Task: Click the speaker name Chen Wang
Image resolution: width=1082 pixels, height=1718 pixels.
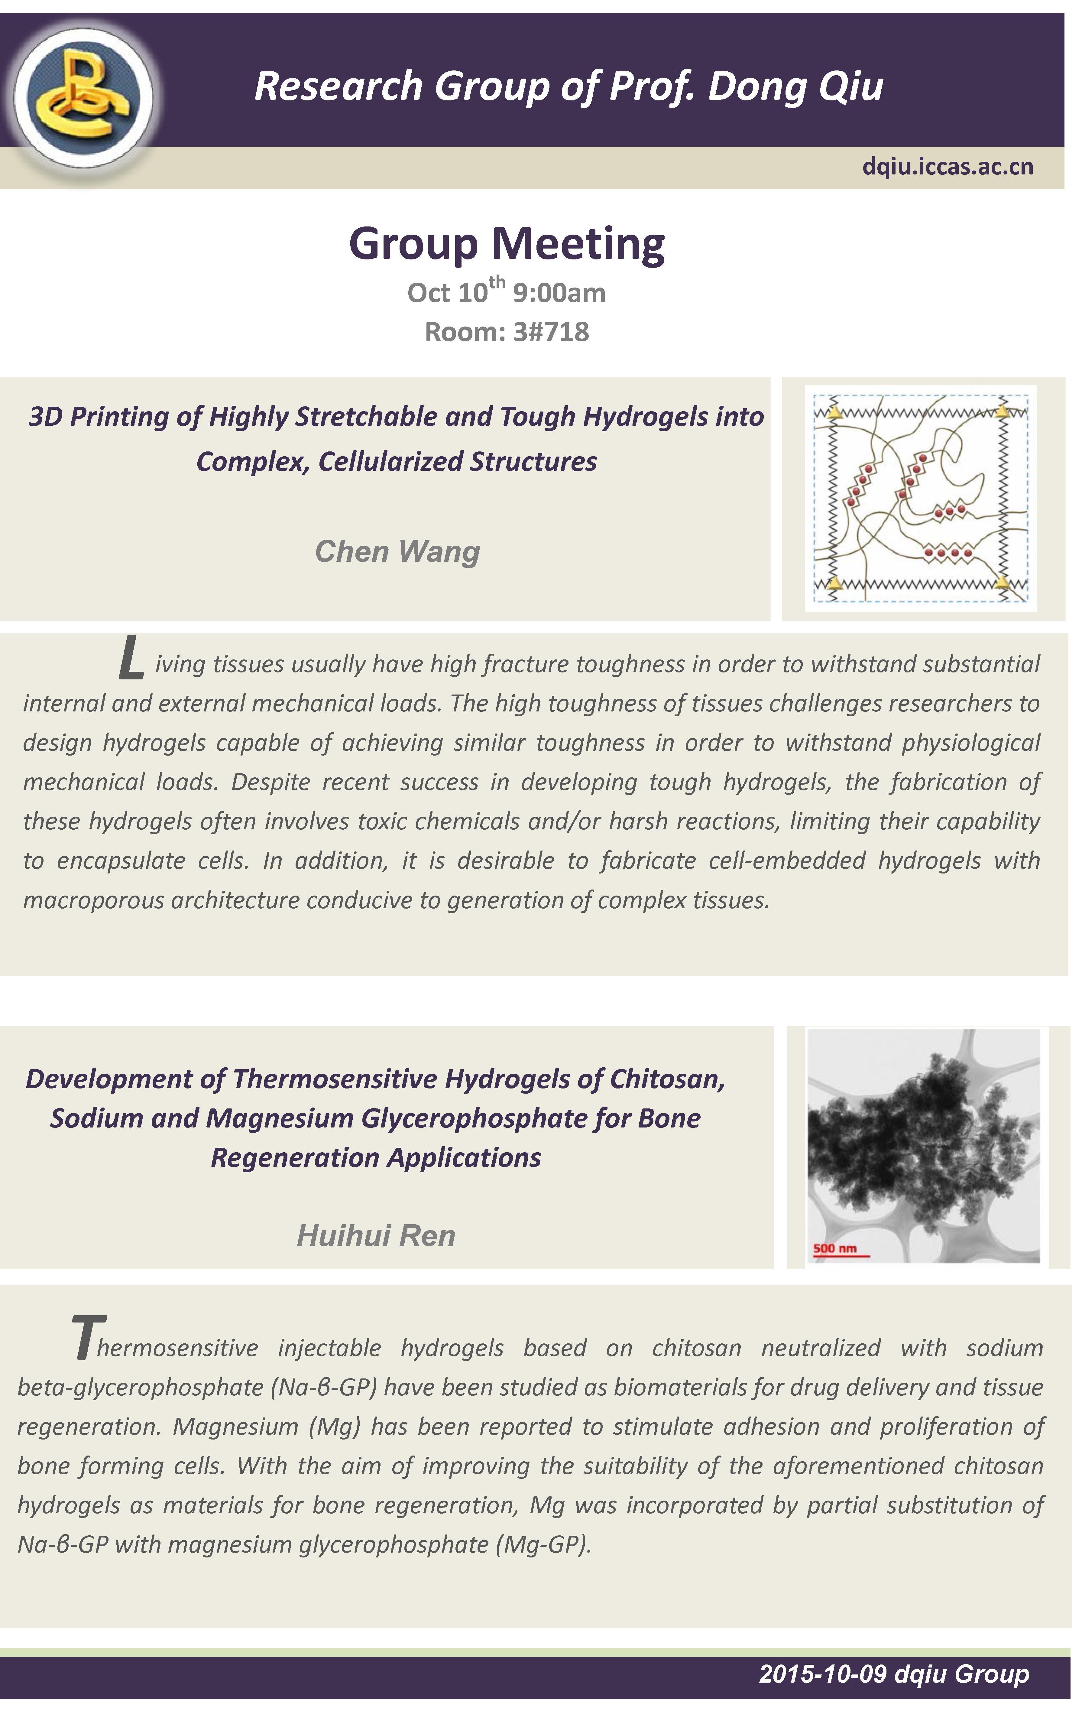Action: tap(397, 552)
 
